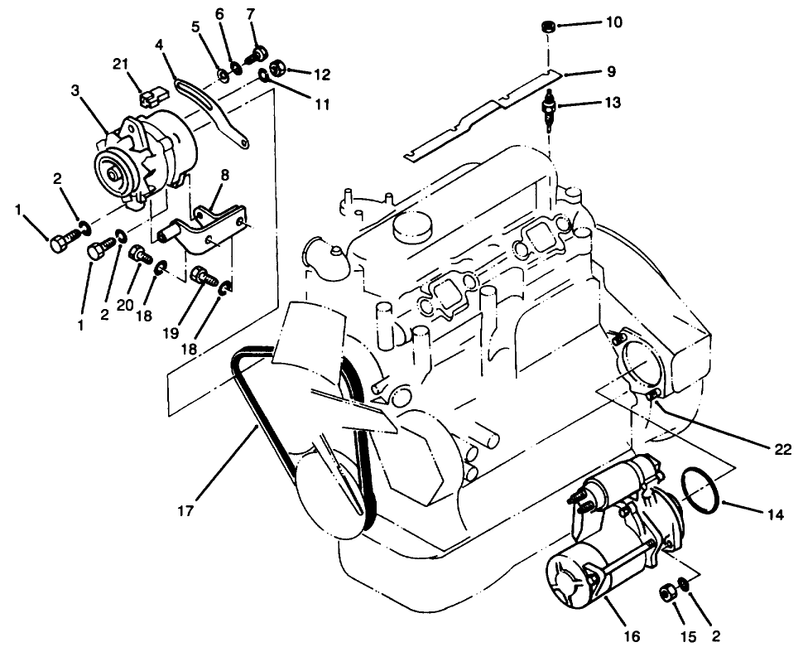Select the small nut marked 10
pos(547,28)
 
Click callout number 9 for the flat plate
pos(610,72)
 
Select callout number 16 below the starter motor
pos(632,636)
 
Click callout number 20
pos(125,304)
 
